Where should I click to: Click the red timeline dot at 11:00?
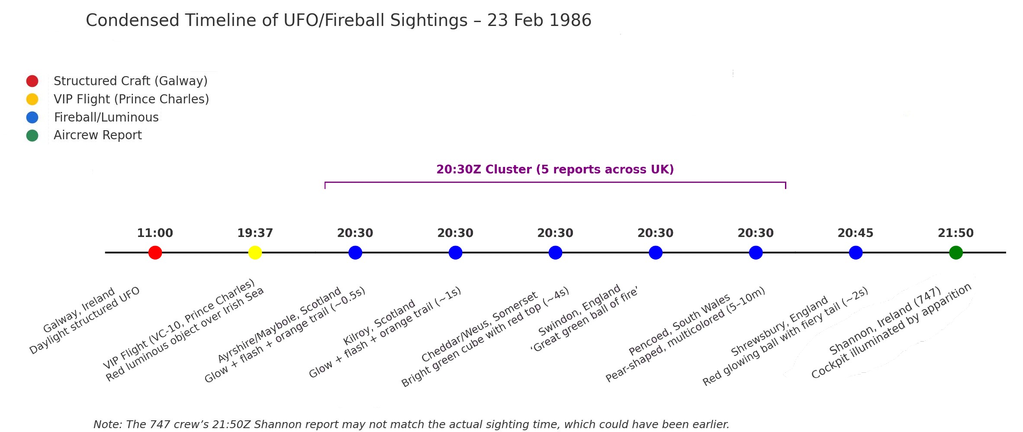coord(155,253)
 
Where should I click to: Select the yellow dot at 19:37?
coord(255,253)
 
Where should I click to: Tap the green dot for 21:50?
coord(955,253)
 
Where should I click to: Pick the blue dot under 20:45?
coord(856,253)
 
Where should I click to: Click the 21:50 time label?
coord(955,234)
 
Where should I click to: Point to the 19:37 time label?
coord(255,234)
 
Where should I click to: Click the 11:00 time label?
coord(155,234)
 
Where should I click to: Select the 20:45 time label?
coord(855,234)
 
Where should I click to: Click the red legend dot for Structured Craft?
coord(32,81)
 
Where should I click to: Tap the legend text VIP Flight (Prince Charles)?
coord(131,99)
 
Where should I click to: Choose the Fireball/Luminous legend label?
coord(106,117)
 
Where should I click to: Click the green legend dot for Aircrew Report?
coord(32,136)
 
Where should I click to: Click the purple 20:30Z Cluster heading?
coord(555,170)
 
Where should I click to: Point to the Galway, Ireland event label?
coord(79,310)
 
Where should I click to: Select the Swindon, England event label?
coord(579,310)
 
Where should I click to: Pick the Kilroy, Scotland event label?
coord(379,323)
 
